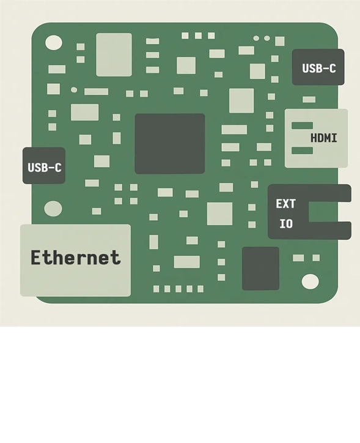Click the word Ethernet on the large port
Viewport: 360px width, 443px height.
(x=75, y=258)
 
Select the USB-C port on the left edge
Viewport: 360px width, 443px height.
(x=44, y=166)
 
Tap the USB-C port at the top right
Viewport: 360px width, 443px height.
(x=318, y=67)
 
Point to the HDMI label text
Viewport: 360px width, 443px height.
(x=323, y=138)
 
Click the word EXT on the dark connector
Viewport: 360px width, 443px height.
(x=285, y=204)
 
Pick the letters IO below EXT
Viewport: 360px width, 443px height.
(x=286, y=224)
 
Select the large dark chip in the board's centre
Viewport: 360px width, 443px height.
(x=169, y=143)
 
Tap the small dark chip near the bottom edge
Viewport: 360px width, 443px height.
(x=260, y=268)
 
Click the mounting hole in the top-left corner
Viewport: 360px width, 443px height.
(x=54, y=43)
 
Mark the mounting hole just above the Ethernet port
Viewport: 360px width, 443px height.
(x=53, y=209)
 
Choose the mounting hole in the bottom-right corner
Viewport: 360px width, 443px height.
(x=310, y=281)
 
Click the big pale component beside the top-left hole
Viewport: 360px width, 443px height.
(x=114, y=54)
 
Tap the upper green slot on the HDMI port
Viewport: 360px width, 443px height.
(x=302, y=126)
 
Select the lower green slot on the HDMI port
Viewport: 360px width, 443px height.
(x=302, y=151)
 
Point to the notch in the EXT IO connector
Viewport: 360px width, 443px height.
(x=329, y=212)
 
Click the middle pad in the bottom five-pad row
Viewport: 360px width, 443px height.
(x=178, y=289)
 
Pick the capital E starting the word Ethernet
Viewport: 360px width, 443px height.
(x=36, y=258)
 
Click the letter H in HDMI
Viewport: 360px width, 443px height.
(x=314, y=138)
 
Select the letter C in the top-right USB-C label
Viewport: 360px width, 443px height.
(x=332, y=69)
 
